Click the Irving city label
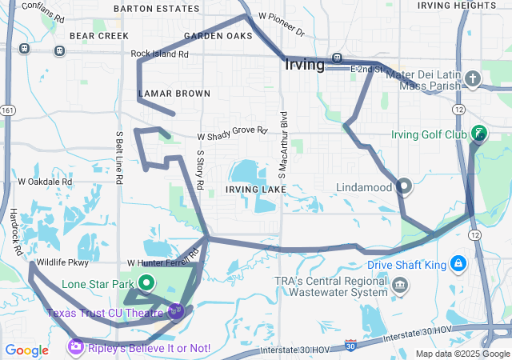pos(304,65)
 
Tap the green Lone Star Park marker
pos(147,282)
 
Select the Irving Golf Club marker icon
pos(478,134)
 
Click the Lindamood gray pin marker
pos(404,187)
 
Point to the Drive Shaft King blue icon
pos(458,263)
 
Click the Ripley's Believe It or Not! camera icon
pos(75,347)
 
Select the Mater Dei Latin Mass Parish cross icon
pos(473,78)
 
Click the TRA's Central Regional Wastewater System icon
pos(400,285)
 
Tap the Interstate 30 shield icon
pos(350,345)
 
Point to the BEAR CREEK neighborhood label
pos(99,36)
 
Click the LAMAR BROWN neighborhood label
pos(174,94)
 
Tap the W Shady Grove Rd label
pos(232,130)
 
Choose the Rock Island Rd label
pos(159,54)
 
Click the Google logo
pos(27,350)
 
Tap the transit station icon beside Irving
pos(338,58)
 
